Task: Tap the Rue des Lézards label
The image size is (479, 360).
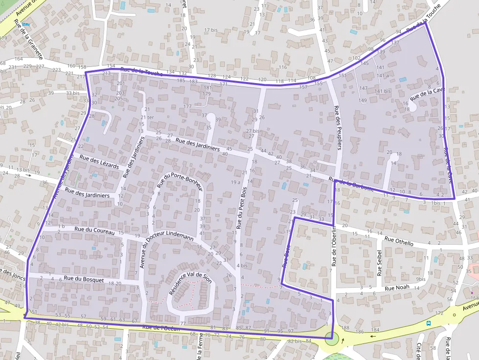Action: point(99,163)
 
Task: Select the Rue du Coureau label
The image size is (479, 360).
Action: point(95,231)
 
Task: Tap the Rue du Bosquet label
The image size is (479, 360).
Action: point(84,279)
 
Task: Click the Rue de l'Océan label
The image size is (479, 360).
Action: point(161,329)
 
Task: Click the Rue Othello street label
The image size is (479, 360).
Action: point(399,241)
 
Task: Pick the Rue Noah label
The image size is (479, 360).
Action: point(397,288)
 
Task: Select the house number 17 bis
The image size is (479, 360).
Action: point(211,30)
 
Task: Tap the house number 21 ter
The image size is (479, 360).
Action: point(147,118)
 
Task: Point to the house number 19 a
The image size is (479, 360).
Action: point(236,182)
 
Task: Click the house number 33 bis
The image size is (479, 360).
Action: point(72,93)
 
